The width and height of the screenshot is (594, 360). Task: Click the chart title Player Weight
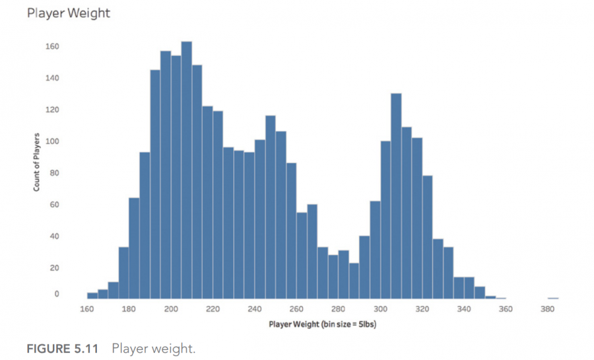tap(68, 13)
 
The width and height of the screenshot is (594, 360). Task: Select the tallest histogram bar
tap(186, 170)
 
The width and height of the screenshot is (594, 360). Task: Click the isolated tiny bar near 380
tap(553, 298)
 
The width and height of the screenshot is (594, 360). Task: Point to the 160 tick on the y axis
tap(52, 47)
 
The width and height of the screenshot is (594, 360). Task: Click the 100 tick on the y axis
tap(52, 141)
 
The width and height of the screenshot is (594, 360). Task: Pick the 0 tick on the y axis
tap(56, 294)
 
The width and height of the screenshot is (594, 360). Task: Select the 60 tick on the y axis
tap(54, 205)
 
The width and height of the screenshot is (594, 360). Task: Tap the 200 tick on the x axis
tap(171, 308)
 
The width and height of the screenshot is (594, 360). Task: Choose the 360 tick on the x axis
tap(506, 308)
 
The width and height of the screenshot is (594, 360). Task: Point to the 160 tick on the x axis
tap(87, 308)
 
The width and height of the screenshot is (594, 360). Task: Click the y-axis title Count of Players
tap(37, 162)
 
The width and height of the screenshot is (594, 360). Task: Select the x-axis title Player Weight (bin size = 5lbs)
tap(322, 324)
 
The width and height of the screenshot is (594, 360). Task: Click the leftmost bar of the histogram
tap(92, 296)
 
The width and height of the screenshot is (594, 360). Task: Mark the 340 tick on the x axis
tap(464, 308)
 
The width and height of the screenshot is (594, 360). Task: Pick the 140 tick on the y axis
tap(52, 78)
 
